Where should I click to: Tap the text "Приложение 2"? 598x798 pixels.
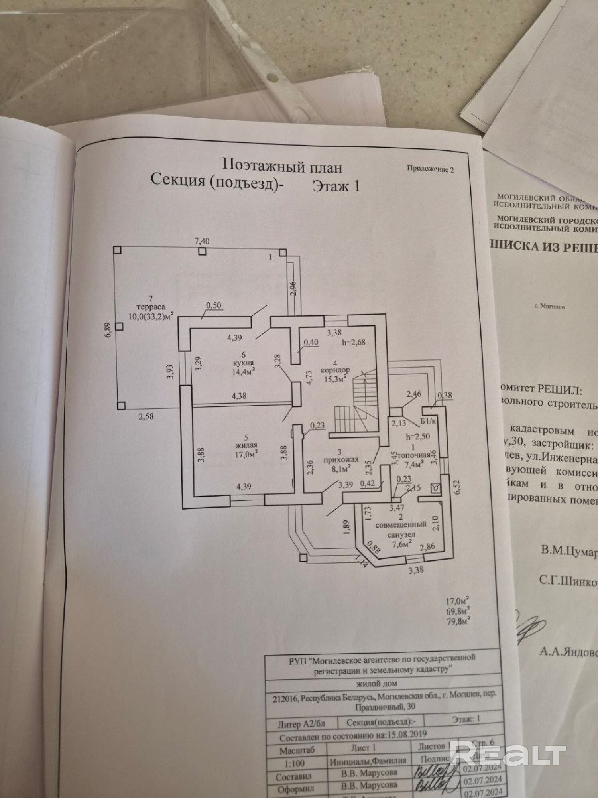click(x=430, y=169)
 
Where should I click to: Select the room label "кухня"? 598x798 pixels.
click(x=243, y=363)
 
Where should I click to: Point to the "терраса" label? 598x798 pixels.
click(x=150, y=307)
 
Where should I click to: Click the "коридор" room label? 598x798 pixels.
click(x=335, y=370)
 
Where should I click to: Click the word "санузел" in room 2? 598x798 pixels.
click(x=401, y=535)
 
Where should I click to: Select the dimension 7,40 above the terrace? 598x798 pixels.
click(x=202, y=241)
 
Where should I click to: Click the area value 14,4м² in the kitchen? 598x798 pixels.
click(x=244, y=372)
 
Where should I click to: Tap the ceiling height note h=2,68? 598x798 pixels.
click(x=354, y=342)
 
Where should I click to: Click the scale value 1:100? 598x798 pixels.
click(x=293, y=763)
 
